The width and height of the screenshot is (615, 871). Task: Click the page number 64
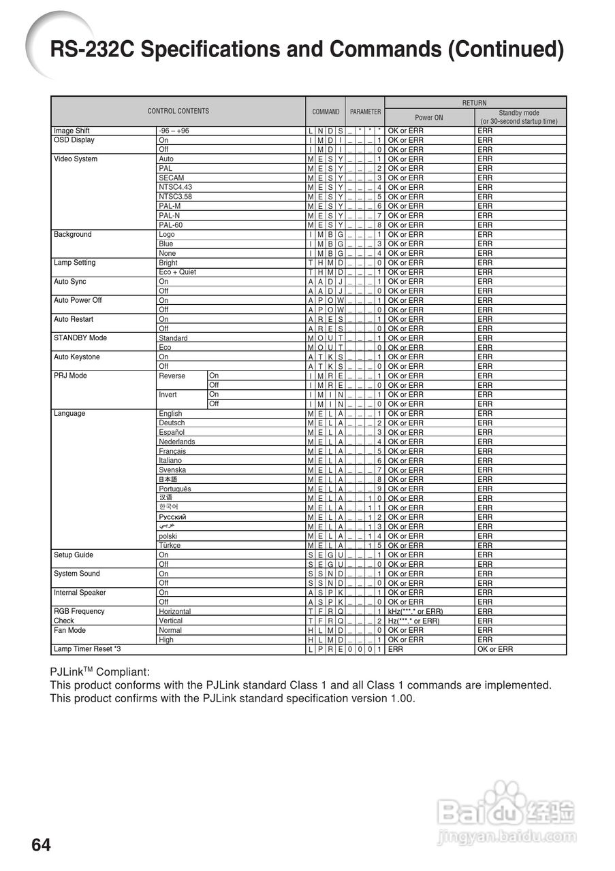[41, 845]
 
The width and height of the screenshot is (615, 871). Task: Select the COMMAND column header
[326, 112]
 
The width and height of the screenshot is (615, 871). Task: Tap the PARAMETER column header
[366, 112]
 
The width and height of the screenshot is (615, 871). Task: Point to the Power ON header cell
[429, 117]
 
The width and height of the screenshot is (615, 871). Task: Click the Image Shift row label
[72, 131]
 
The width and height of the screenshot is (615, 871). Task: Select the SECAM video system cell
[171, 178]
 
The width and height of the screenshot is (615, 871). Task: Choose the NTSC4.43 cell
[175, 187]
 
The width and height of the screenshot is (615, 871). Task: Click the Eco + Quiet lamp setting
[177, 272]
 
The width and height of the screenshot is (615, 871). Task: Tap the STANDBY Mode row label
[80, 338]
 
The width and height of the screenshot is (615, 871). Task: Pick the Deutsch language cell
[172, 423]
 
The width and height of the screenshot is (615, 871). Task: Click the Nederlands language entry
[176, 442]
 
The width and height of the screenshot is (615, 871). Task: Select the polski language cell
[168, 536]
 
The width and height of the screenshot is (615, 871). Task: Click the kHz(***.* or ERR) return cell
[415, 612]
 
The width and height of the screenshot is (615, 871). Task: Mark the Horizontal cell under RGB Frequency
[174, 612]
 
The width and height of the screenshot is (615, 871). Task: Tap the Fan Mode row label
[69, 630]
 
